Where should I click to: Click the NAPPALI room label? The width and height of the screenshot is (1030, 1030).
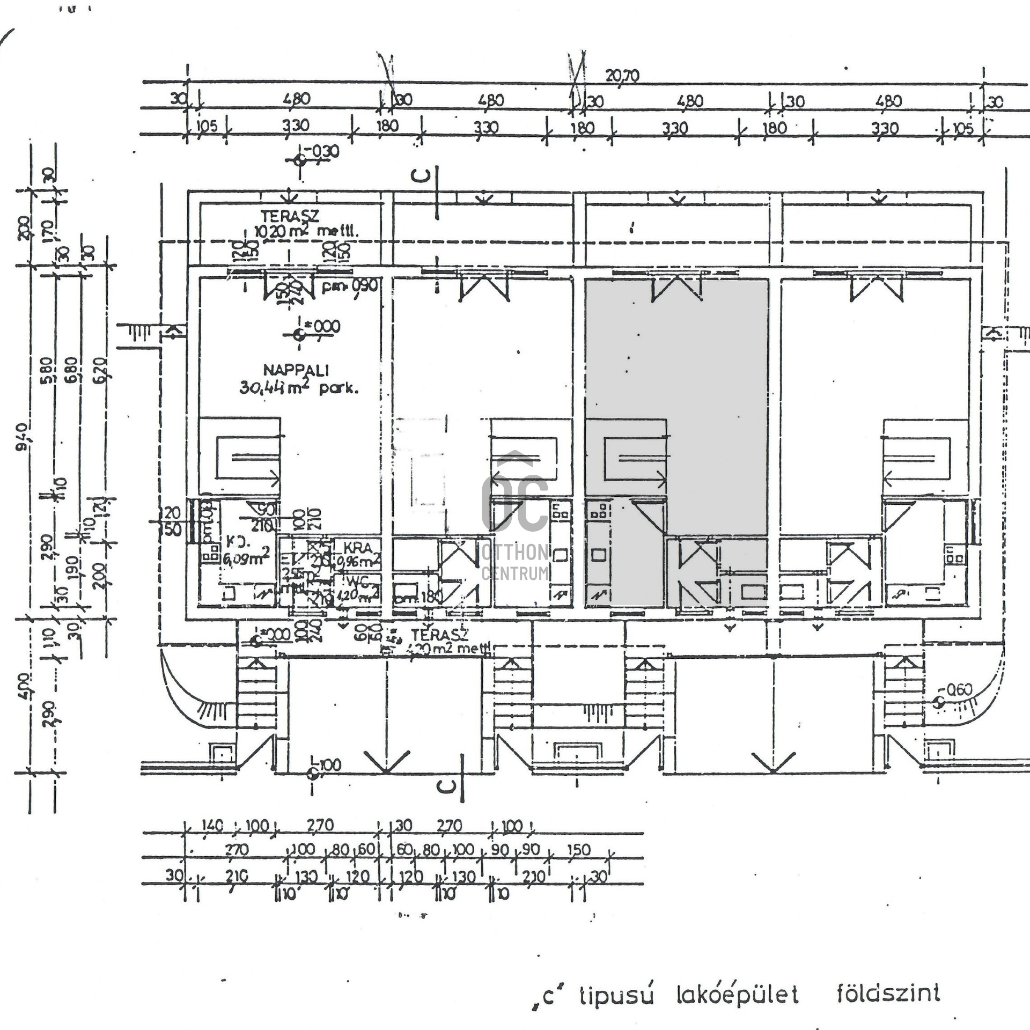[296, 370]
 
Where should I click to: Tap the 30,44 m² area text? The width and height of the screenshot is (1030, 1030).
[298, 387]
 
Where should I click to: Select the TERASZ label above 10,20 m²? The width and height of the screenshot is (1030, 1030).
[290, 216]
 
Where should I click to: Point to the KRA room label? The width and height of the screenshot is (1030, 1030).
[357, 548]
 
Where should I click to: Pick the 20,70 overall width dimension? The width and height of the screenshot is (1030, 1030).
[622, 76]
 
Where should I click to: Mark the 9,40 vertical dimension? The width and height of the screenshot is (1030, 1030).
[21, 437]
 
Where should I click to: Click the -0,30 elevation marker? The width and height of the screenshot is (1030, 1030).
[320, 152]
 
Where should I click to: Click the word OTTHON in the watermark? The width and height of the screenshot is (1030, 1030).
[515, 552]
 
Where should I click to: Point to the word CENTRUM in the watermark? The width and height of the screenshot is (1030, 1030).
[515, 573]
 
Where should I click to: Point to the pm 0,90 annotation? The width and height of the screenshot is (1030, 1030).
[349, 285]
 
